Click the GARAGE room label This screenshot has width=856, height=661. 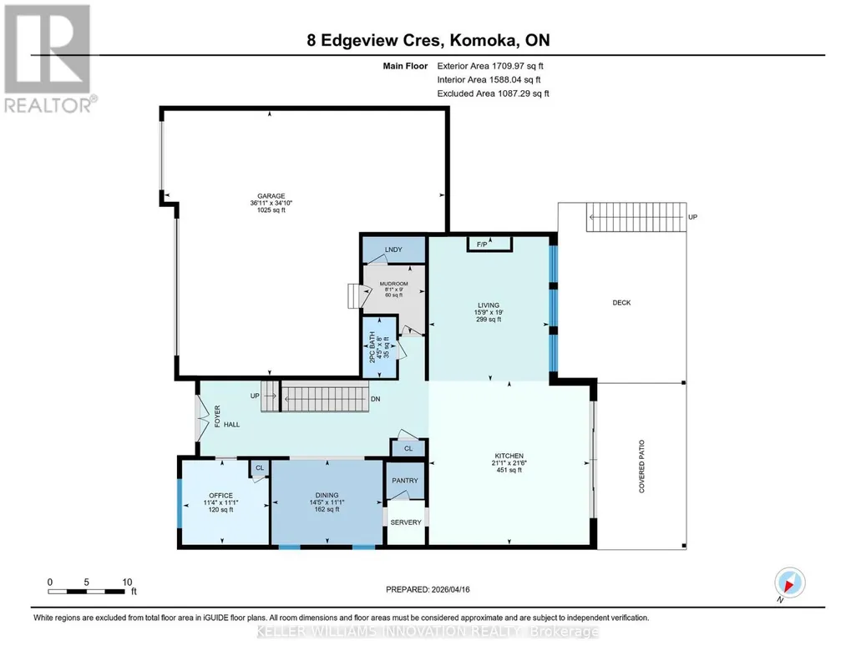[x=271, y=196]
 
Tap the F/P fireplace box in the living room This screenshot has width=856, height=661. [x=489, y=244]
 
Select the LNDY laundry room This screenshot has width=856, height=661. [x=394, y=250]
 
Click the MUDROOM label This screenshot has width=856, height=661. [x=393, y=284]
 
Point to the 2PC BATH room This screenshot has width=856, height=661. [x=380, y=347]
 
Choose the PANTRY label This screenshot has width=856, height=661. [x=405, y=481]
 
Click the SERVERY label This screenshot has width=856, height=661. [x=406, y=522]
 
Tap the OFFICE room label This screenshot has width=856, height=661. [x=220, y=496]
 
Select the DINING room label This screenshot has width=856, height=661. [x=327, y=496]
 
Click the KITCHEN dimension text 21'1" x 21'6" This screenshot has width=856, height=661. [x=509, y=463]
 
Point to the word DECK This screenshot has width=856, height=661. [x=622, y=303]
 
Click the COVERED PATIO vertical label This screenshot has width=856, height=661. [x=642, y=467]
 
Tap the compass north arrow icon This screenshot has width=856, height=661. [x=789, y=583]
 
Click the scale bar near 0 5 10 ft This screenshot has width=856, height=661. [x=86, y=592]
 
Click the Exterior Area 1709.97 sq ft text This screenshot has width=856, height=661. [x=490, y=66]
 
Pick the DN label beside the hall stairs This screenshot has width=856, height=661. [x=376, y=399]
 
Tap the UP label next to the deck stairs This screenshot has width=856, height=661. [x=693, y=217]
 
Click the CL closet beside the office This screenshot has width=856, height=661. [x=260, y=468]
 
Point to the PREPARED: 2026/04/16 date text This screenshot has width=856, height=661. [x=428, y=589]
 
